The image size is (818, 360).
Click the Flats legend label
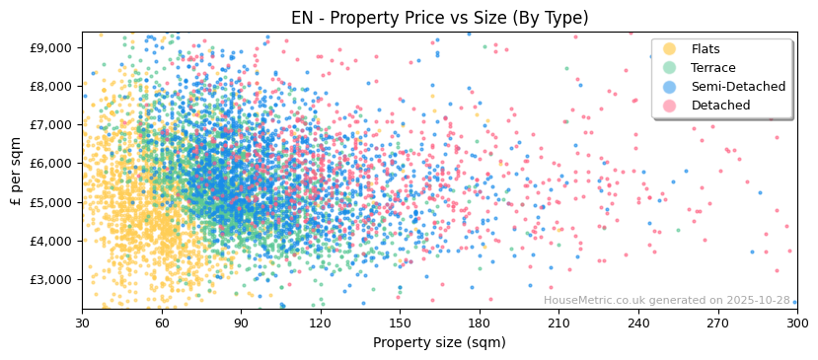[x=706, y=49]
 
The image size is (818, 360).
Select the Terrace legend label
[x=713, y=68]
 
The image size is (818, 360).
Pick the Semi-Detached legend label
[x=738, y=87]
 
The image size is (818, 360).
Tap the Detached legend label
[x=720, y=106]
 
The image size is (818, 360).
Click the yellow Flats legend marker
[x=670, y=49]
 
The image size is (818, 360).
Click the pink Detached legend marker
[x=670, y=106]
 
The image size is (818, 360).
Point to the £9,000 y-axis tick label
[x=50, y=47]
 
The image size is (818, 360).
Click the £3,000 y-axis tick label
[x=50, y=279]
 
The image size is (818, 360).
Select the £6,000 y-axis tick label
[x=50, y=164]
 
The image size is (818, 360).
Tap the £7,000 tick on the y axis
[x=50, y=125]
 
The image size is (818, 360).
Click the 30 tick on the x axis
[x=82, y=323]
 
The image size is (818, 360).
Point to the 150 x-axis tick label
[x=400, y=323]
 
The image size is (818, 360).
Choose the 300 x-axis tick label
[x=796, y=323]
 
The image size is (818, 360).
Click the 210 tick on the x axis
[x=558, y=323]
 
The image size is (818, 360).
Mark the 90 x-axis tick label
[x=241, y=323]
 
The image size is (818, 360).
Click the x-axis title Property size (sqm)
[x=439, y=342]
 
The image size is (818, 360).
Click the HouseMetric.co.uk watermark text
[x=666, y=301]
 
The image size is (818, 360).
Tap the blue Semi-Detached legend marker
[x=670, y=87]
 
